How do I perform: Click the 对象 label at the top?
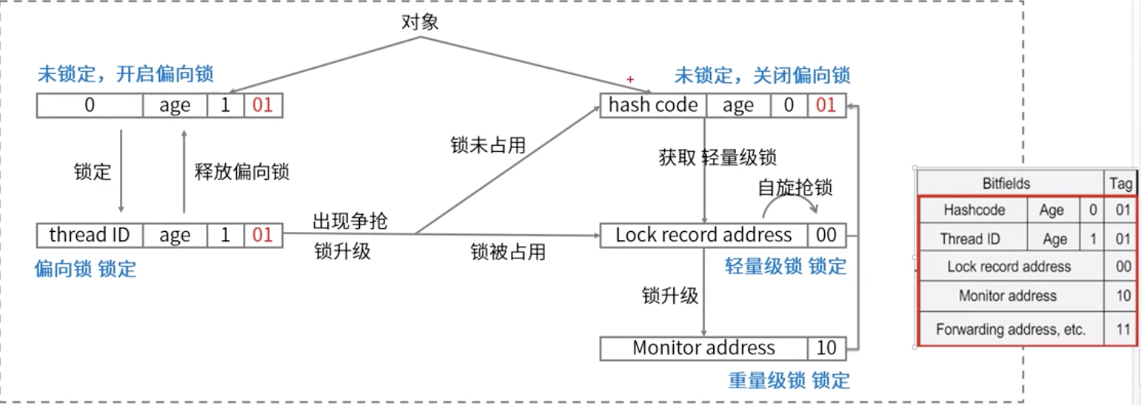(x=420, y=22)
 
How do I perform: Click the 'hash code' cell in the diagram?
(x=653, y=106)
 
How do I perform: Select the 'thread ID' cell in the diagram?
(x=90, y=236)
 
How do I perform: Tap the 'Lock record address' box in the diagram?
(x=703, y=236)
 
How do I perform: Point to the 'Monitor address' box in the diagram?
(x=703, y=348)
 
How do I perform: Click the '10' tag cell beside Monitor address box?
(x=826, y=348)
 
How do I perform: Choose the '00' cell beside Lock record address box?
(x=826, y=236)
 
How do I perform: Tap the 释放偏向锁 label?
(x=241, y=172)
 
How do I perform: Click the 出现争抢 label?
(x=350, y=221)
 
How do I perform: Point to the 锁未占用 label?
(x=487, y=146)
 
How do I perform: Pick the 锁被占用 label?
(x=508, y=252)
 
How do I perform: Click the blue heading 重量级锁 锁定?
(x=789, y=381)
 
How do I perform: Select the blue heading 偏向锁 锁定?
(x=85, y=270)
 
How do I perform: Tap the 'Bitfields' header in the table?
(x=1006, y=184)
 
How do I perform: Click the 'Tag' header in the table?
(x=1121, y=184)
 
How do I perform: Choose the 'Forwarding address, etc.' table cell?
(x=1010, y=330)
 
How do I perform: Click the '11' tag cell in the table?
(x=1124, y=330)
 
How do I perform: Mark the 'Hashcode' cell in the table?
(x=973, y=211)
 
